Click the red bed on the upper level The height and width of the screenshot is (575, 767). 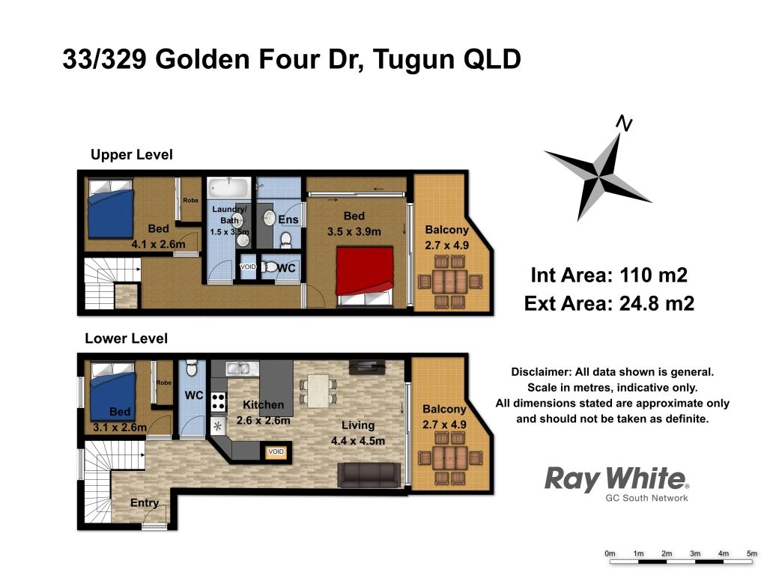pyautogui.click(x=365, y=277)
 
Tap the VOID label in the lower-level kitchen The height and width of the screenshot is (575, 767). pyautogui.click(x=276, y=451)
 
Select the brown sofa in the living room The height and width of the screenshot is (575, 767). pyautogui.click(x=369, y=475)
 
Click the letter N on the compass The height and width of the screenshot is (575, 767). pyautogui.click(x=624, y=124)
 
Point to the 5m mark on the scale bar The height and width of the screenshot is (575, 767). pyautogui.click(x=752, y=553)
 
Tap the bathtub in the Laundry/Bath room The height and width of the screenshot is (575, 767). pyautogui.click(x=229, y=188)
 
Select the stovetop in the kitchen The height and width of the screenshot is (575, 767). pyautogui.click(x=218, y=401)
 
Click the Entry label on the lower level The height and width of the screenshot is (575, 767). pyautogui.click(x=145, y=502)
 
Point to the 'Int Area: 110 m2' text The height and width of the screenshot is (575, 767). pyautogui.click(x=609, y=276)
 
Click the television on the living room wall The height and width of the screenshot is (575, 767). pyautogui.click(x=367, y=367)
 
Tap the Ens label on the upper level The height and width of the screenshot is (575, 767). pyautogui.click(x=288, y=219)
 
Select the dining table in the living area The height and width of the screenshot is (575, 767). pyautogui.click(x=318, y=391)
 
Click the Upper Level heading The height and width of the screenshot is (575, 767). pyautogui.click(x=132, y=154)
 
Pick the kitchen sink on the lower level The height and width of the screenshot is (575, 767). pyautogui.click(x=242, y=368)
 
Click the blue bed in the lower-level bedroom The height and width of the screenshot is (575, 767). pyautogui.click(x=112, y=391)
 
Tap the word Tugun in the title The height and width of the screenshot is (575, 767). pyautogui.click(x=413, y=60)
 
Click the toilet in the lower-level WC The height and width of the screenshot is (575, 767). pyautogui.click(x=192, y=368)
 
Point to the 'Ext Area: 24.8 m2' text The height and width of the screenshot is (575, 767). pyautogui.click(x=609, y=304)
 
